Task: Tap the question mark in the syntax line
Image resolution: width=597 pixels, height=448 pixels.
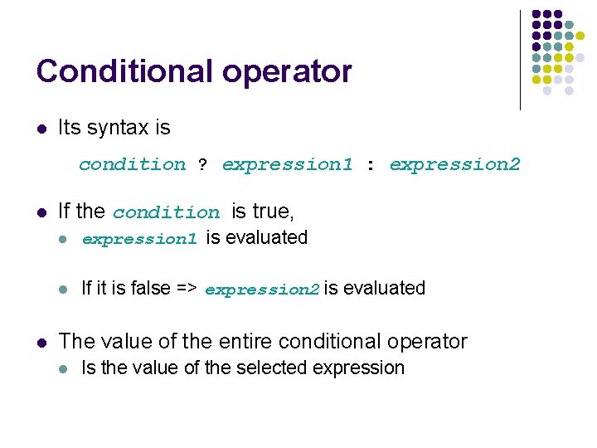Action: click(x=202, y=165)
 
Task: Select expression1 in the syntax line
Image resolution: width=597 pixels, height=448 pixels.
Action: click(x=287, y=165)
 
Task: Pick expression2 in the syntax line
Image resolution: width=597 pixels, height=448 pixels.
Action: click(x=454, y=165)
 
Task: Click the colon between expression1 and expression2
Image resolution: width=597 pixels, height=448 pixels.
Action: click(x=370, y=165)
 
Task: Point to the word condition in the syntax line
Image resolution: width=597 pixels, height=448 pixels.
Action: click(x=132, y=165)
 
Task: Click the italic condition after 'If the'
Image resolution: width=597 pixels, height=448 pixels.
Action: click(x=166, y=213)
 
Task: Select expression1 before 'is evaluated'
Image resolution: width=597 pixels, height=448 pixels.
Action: click(x=139, y=240)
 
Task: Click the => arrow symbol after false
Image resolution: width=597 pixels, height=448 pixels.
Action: click(x=186, y=289)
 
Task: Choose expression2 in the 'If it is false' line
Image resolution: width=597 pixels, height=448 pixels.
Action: click(x=261, y=290)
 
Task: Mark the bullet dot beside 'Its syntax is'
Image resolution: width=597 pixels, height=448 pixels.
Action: click(x=41, y=129)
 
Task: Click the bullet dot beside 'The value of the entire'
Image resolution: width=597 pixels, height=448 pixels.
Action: click(x=41, y=342)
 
